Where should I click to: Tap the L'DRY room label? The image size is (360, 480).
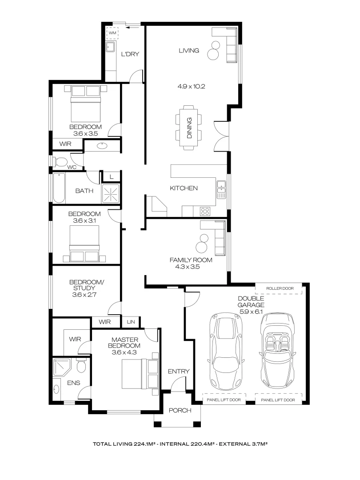130,54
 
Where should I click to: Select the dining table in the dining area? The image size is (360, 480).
188,128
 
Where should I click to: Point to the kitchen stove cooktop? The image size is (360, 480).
205,210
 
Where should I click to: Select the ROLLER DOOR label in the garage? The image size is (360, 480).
280,288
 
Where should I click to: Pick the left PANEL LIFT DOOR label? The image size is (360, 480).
224,400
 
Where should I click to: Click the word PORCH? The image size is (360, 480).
180,410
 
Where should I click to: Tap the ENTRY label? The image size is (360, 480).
179,372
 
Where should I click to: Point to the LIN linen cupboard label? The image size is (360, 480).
131,322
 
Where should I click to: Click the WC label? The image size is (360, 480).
72,167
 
